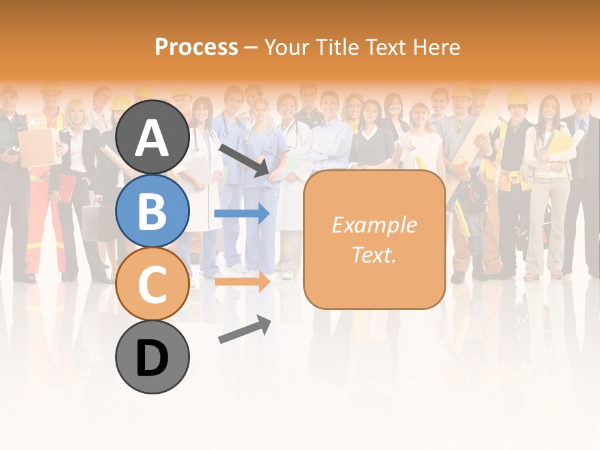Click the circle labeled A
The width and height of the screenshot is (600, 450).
(152, 137)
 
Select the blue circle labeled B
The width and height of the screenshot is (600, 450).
(152, 211)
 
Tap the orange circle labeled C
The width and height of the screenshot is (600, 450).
(152, 284)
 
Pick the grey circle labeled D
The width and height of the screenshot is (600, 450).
(152, 357)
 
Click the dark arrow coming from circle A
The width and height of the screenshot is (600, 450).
(244, 160)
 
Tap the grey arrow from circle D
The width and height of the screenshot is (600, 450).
(244, 329)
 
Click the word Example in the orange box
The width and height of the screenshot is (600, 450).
(374, 225)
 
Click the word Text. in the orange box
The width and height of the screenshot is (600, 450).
(374, 254)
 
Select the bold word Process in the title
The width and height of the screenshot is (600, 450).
(196, 47)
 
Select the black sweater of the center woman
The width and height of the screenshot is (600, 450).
(371, 146)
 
